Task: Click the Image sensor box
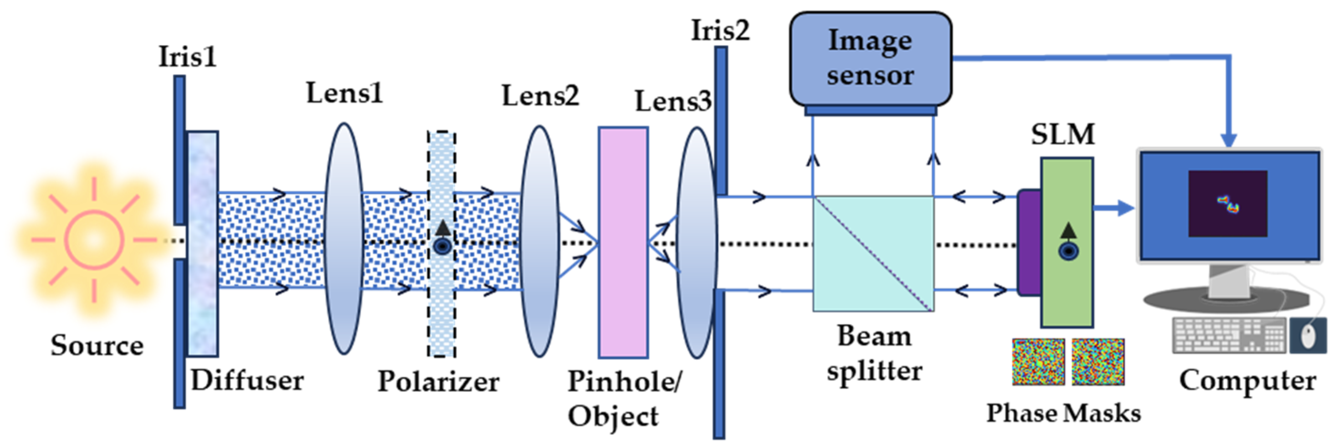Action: pos(870,58)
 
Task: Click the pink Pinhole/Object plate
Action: pos(623,242)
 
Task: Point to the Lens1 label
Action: pos(344,94)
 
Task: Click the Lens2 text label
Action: pos(540,96)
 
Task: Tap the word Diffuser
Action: pos(247,380)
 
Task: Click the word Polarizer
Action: pos(438,381)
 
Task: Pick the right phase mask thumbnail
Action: pos(1098,362)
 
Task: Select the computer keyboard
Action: pos(1229,336)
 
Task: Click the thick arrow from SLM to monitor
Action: pos(1113,208)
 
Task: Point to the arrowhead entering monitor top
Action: pos(1229,139)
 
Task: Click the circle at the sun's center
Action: pos(94,240)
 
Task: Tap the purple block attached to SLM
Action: pos(1029,243)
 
